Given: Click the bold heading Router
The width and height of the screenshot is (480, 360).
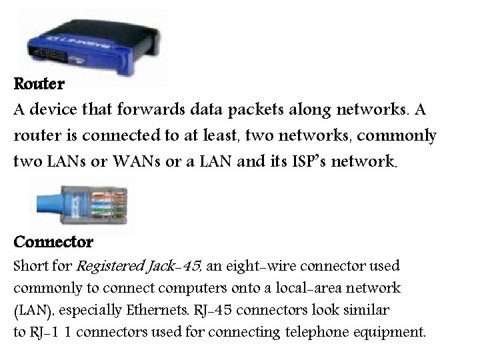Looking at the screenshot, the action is [39, 85].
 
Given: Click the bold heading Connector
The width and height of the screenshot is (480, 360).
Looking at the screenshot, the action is [53, 240].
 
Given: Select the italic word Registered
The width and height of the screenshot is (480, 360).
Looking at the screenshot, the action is [108, 267].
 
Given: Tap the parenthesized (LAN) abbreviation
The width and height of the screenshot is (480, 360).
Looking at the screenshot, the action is [29, 310].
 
